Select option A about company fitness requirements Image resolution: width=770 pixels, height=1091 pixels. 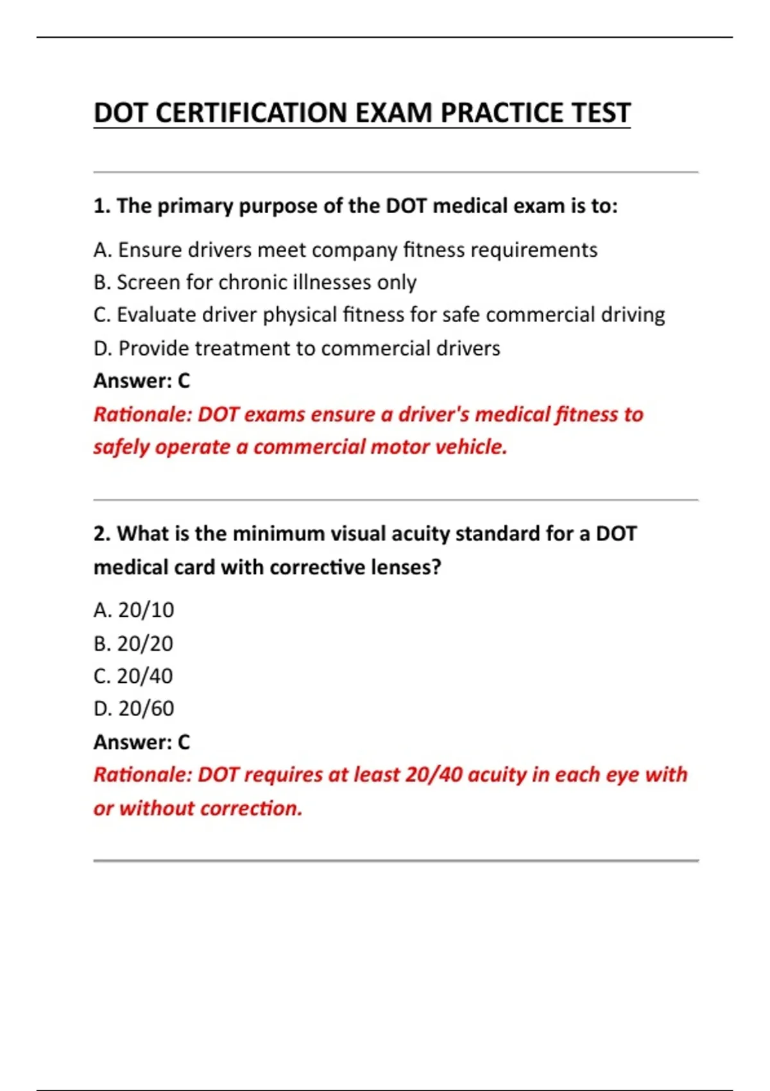click(x=345, y=250)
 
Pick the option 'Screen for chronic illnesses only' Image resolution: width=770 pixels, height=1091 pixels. click(x=255, y=282)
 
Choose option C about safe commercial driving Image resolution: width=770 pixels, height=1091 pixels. click(x=379, y=315)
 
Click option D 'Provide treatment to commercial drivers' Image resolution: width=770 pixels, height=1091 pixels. click(x=296, y=348)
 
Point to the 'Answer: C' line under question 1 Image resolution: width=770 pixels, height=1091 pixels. click(x=142, y=381)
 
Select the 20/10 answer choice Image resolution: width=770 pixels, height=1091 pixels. click(x=133, y=610)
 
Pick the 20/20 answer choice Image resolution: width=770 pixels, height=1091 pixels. click(x=133, y=644)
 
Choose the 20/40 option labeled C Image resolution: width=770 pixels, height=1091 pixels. click(x=133, y=676)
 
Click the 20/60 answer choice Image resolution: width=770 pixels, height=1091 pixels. click(x=133, y=709)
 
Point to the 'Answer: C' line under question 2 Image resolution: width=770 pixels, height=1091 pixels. click(x=142, y=743)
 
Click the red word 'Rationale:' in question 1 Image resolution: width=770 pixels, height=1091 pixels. click(x=142, y=415)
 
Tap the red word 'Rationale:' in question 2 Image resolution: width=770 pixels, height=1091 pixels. click(x=142, y=775)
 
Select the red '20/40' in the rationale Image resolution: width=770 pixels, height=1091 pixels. click(x=434, y=775)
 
